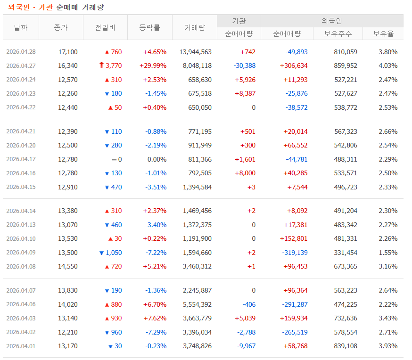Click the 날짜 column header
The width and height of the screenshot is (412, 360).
point(21,27)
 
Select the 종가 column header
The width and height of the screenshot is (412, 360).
point(61,27)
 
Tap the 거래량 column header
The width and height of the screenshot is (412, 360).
point(195,27)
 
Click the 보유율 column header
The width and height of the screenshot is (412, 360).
point(383,33)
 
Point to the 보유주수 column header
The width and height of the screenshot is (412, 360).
point(338,33)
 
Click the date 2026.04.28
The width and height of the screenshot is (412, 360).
point(21,52)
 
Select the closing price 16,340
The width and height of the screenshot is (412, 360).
point(68,65)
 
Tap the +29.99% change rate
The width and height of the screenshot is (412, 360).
point(153,65)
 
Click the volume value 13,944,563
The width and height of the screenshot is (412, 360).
point(196,52)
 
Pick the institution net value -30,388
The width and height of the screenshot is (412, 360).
point(245,65)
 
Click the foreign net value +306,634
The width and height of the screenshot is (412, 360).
point(294,65)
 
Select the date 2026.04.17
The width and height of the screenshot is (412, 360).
point(21,159)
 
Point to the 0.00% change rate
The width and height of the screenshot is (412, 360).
point(157,159)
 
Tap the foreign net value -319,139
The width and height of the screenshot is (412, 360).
point(295,253)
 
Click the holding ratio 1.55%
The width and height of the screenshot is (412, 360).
point(388,253)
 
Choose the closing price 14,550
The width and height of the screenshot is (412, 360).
point(68,267)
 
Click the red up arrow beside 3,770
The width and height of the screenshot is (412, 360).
point(101,65)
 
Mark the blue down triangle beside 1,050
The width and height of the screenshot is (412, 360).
point(101,253)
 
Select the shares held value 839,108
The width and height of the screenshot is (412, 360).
point(346,346)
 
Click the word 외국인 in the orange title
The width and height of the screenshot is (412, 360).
point(19,8)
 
